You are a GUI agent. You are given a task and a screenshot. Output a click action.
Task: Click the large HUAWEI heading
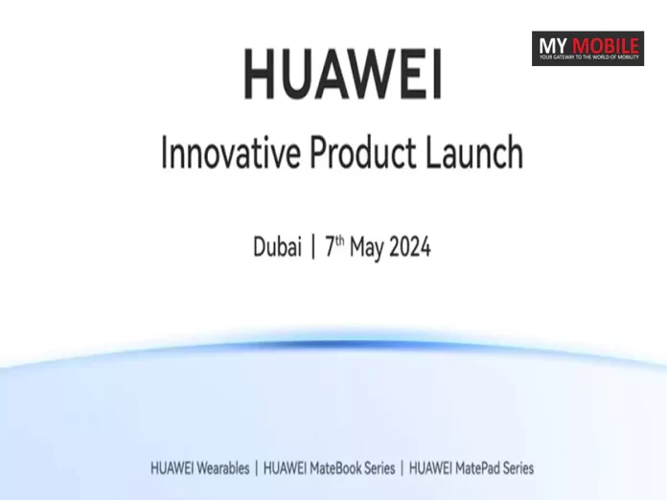[342, 76]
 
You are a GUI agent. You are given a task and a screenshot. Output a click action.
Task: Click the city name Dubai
[277, 247]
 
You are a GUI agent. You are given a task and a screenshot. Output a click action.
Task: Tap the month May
[367, 248]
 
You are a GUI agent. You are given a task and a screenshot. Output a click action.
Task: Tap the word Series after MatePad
[515, 468]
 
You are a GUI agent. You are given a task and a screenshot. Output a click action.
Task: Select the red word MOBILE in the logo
[606, 45]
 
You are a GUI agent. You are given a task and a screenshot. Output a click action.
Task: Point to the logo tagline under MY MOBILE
[587, 57]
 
